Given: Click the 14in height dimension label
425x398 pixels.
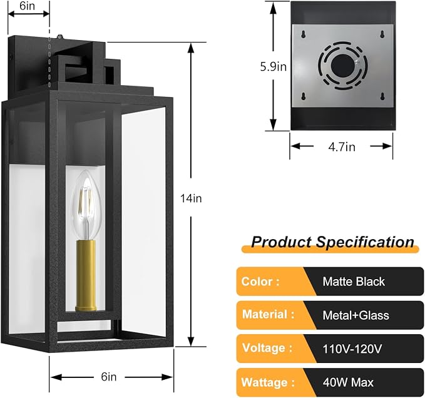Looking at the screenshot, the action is click(191, 198).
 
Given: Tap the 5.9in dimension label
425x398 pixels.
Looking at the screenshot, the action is click(273, 67).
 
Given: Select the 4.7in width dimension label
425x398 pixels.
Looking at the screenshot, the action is click(342, 147).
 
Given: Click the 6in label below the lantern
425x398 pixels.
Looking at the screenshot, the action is click(109, 377).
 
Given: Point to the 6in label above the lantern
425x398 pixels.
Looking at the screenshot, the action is click(28, 6).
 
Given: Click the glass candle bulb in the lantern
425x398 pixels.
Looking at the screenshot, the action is click(86, 205).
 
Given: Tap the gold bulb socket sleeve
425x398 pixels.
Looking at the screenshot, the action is click(86, 275).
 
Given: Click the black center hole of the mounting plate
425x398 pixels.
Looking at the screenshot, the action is click(343, 65).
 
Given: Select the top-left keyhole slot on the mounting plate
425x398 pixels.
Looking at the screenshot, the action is click(304, 34).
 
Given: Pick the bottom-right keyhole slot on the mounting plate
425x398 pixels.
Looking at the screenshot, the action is click(382, 96).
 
